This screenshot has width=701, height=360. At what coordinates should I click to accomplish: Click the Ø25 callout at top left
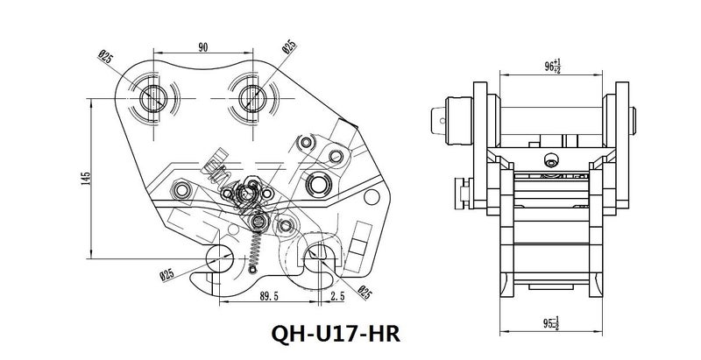(105, 58)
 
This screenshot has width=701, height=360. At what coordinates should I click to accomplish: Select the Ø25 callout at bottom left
(166, 273)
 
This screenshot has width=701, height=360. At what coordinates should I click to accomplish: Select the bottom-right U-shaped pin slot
(316, 250)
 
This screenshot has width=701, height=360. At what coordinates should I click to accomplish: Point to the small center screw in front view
(551, 159)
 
